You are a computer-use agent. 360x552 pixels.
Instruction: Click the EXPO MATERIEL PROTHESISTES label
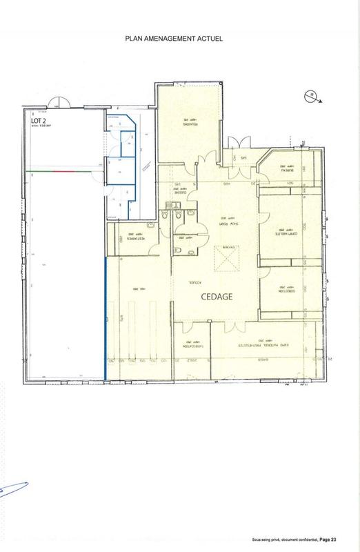[259, 343]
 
